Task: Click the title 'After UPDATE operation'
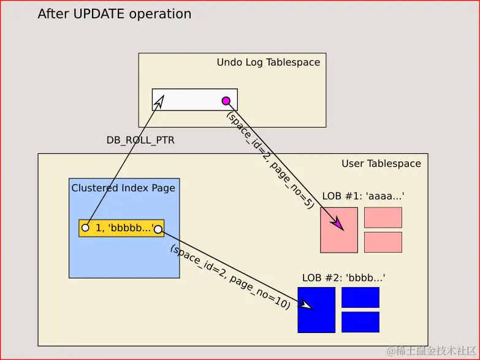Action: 114,14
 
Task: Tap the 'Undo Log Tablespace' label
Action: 268,63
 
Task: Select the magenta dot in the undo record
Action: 226,101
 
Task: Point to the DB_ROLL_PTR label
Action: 140,140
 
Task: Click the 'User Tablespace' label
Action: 381,164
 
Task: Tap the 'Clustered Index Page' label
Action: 123,188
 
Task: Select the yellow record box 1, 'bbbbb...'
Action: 121,228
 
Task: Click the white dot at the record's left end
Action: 85,228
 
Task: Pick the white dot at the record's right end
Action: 158,229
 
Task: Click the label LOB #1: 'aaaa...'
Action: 363,196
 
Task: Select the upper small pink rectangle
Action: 383,218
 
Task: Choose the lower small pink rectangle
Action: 383,242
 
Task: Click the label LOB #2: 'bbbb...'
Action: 343,277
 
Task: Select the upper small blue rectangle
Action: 360,297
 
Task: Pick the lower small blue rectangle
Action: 360,322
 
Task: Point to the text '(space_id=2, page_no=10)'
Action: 230,277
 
